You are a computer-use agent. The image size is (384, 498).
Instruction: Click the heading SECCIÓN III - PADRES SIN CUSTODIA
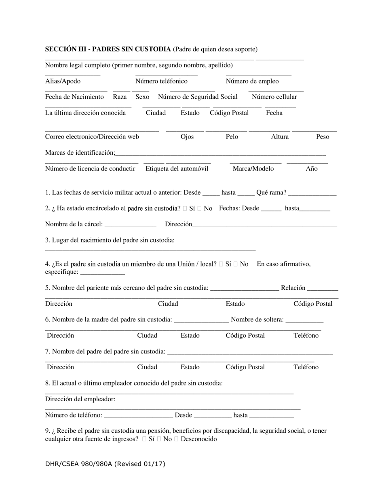(x=108, y=49)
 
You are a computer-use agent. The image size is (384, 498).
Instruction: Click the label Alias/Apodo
(x=63, y=81)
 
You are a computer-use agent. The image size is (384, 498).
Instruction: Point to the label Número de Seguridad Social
(x=198, y=97)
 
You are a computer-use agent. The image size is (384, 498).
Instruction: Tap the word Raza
(x=120, y=97)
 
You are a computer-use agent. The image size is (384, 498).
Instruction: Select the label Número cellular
(x=274, y=97)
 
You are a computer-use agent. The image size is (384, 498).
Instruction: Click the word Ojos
(x=187, y=136)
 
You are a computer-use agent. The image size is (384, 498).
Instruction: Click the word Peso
(x=322, y=136)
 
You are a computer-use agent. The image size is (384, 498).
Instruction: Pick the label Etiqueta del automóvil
(x=177, y=168)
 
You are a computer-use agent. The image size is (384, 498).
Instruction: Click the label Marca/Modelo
(x=253, y=168)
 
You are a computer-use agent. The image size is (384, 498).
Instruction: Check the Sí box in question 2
(x=185, y=209)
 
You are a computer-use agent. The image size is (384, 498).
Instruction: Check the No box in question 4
(x=236, y=264)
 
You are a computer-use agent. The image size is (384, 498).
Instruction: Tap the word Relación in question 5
(x=293, y=288)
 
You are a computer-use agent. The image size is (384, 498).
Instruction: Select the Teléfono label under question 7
(x=306, y=367)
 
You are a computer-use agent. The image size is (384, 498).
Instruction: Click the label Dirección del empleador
(x=80, y=399)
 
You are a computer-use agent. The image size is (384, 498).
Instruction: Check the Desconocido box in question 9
(x=176, y=439)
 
